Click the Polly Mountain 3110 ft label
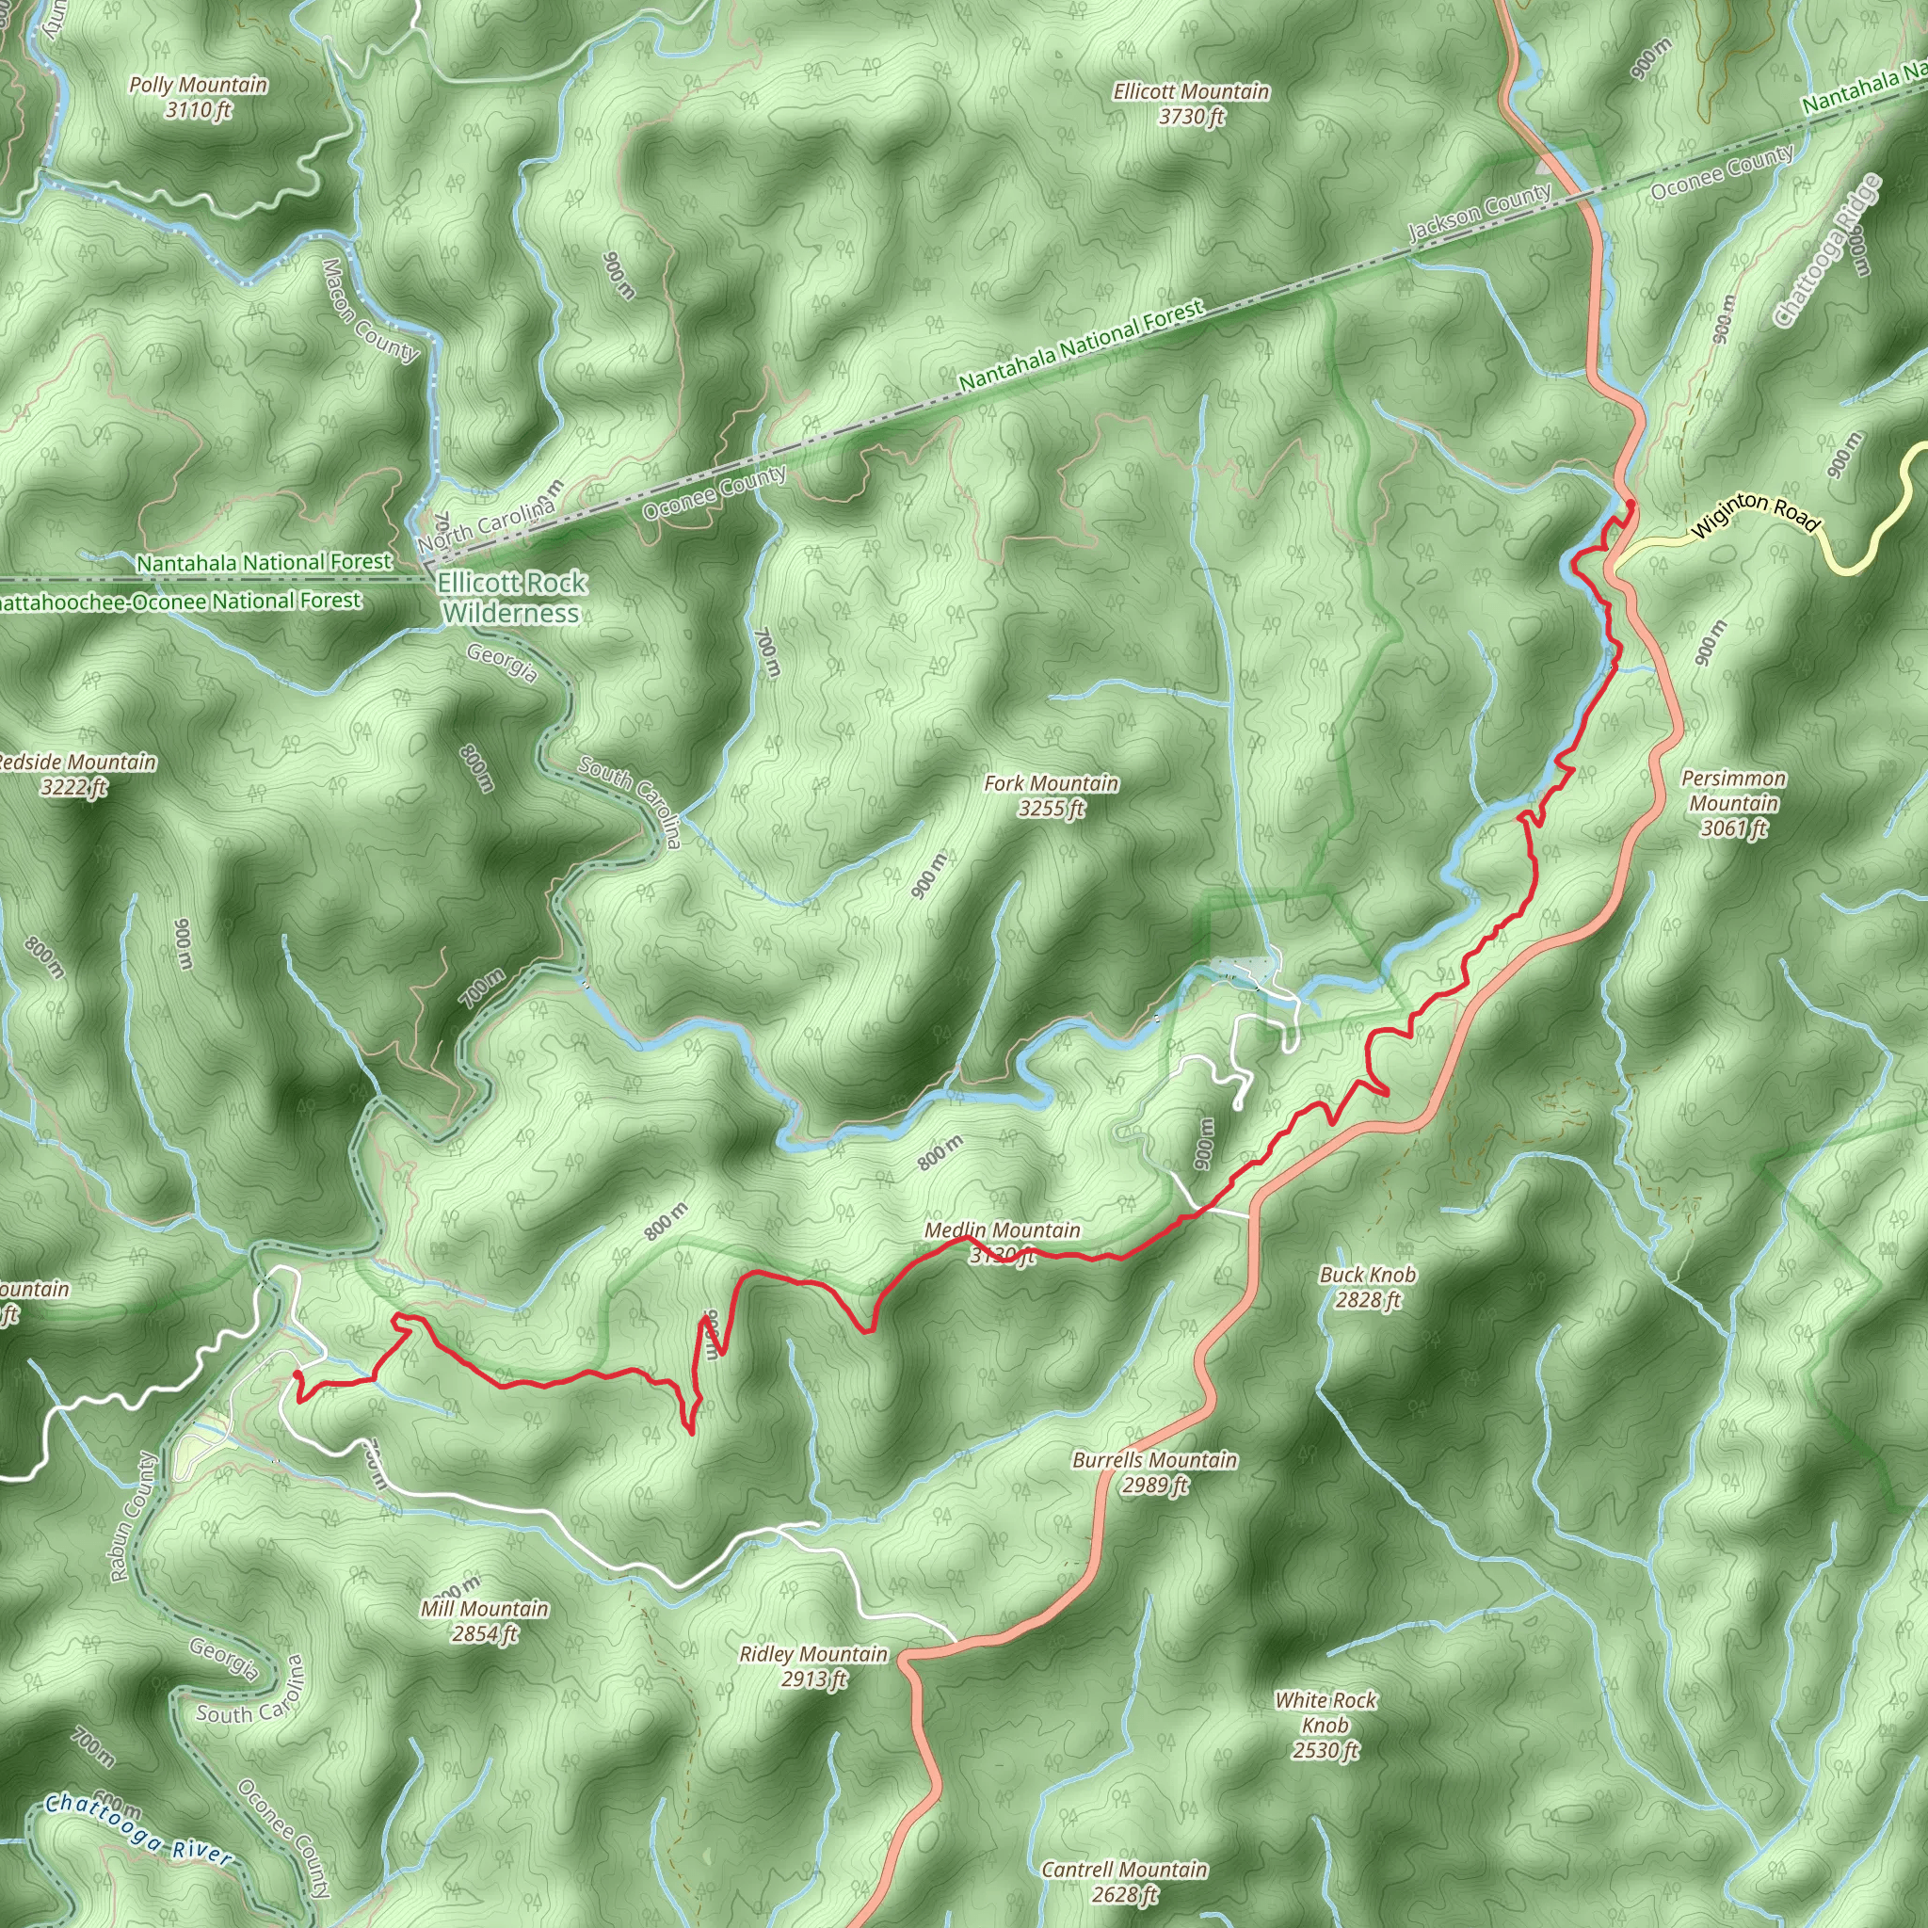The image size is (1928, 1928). tap(198, 97)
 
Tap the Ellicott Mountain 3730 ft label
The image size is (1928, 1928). tap(1192, 104)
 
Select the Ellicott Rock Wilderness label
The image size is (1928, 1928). tap(512, 597)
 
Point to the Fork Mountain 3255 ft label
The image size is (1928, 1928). tap(1051, 795)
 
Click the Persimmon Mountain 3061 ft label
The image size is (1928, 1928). tap(1733, 802)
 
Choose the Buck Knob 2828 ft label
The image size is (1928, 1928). tap(1367, 1286)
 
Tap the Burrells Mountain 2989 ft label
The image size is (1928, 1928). tap(1154, 1472)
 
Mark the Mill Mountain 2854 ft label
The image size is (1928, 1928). tap(484, 1621)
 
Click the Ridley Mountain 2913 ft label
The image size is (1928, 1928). tap(813, 1666)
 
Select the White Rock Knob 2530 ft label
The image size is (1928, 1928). tap(1325, 1725)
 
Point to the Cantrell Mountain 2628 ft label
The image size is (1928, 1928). tap(1124, 1881)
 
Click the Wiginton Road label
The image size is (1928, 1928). tap(1757, 512)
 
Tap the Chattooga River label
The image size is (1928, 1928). tap(138, 1829)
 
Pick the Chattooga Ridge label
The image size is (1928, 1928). tap(1827, 250)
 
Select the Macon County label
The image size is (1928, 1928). tap(369, 311)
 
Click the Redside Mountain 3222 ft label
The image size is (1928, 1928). tap(76, 775)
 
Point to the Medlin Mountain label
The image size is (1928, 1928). tap(1002, 1231)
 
